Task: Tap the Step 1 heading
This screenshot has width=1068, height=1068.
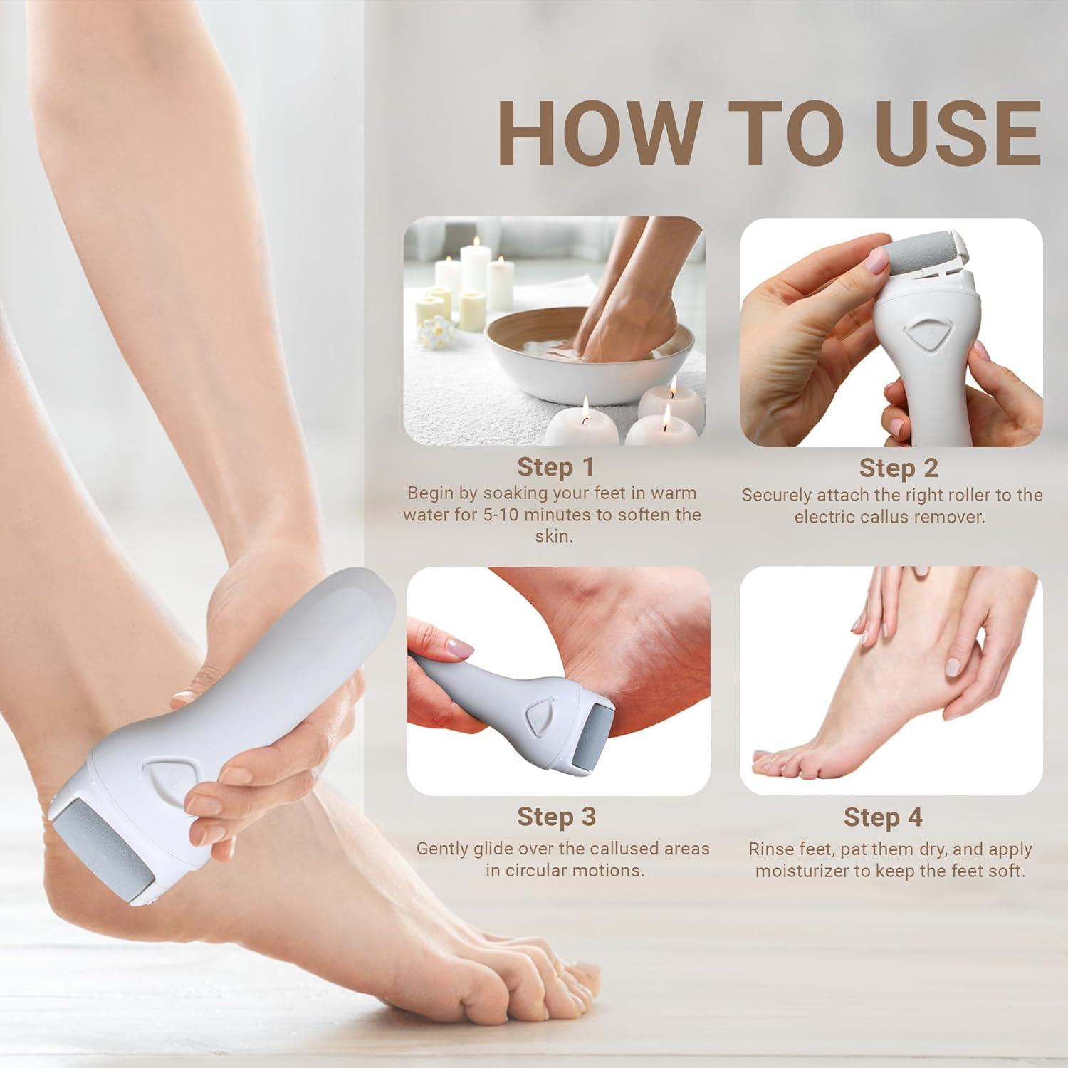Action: [555, 467]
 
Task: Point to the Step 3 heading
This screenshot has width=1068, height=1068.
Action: [555, 816]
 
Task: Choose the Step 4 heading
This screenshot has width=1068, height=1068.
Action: [883, 817]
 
